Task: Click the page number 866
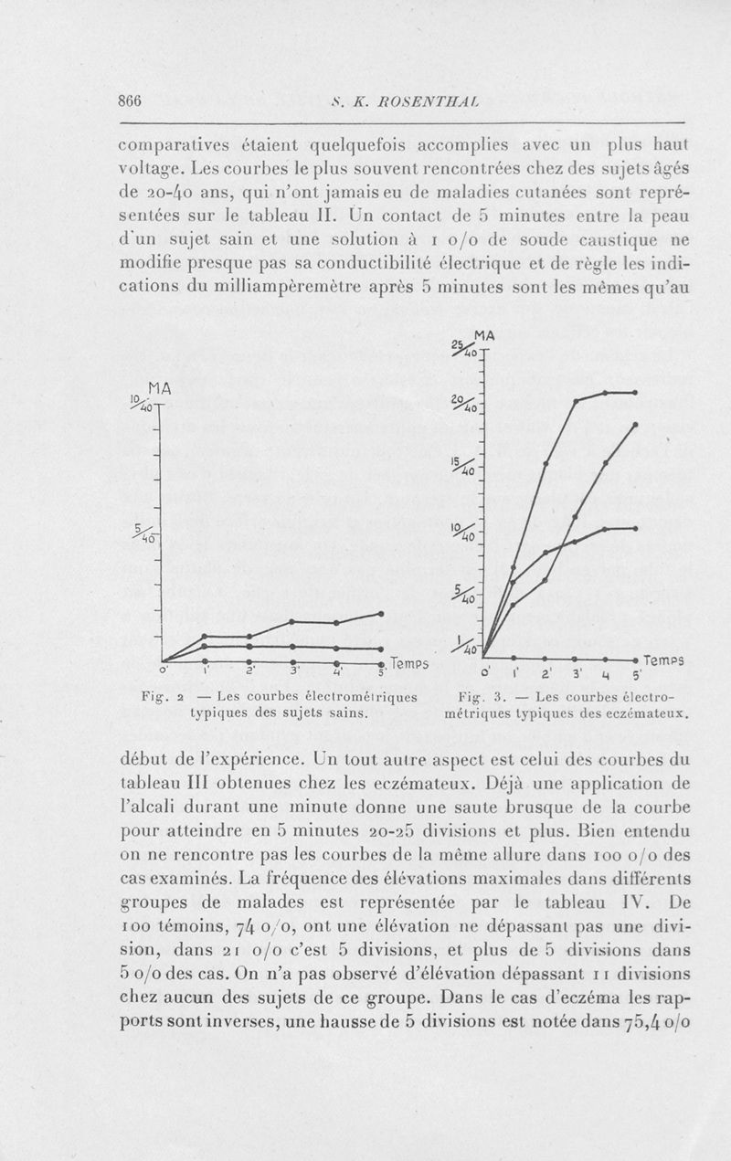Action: [x=123, y=101]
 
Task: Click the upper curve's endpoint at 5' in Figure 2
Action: [x=380, y=613]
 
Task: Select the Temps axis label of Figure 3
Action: [x=664, y=660]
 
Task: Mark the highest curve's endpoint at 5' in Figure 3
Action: [x=634, y=392]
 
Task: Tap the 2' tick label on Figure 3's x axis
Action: [x=546, y=675]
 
